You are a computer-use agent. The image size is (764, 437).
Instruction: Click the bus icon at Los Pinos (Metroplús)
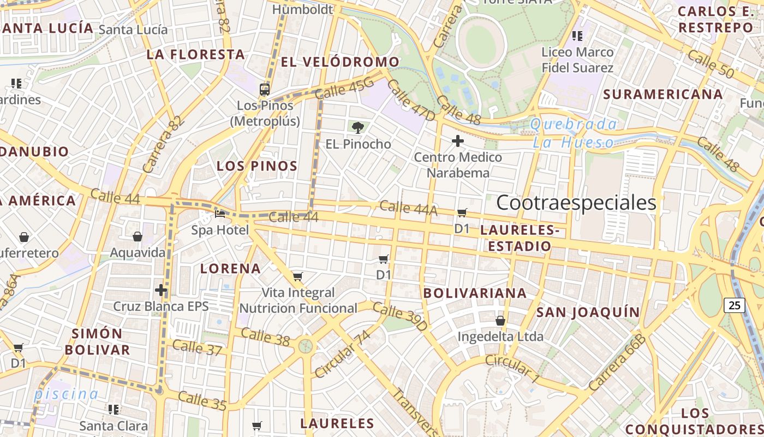[265, 89]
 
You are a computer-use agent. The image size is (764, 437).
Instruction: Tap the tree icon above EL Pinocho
[358, 128]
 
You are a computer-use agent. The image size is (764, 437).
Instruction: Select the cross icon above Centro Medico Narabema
[458, 141]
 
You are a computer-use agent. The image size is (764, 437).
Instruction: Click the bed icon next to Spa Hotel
[220, 214]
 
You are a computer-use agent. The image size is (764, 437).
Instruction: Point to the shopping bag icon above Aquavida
[138, 237]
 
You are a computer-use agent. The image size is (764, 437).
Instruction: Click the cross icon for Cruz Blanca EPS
[161, 290]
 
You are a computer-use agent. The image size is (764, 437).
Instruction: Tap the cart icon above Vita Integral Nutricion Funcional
[297, 276]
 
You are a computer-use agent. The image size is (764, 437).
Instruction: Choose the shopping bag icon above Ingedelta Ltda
[500, 321]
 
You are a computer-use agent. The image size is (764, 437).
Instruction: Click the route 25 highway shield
[735, 305]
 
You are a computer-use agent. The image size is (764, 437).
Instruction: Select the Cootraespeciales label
[576, 203]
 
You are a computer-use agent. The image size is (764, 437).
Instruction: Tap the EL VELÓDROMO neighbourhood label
[340, 62]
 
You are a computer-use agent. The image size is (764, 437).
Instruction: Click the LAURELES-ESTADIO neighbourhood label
[520, 239]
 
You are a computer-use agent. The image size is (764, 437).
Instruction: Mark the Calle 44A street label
[408, 208]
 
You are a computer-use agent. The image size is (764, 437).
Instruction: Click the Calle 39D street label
[401, 317]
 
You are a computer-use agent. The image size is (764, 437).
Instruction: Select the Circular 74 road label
[342, 354]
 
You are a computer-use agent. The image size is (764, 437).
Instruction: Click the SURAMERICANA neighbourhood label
[662, 95]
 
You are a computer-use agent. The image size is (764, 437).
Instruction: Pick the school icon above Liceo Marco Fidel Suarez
[577, 36]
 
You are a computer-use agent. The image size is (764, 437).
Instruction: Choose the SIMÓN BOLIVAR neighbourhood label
[98, 341]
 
